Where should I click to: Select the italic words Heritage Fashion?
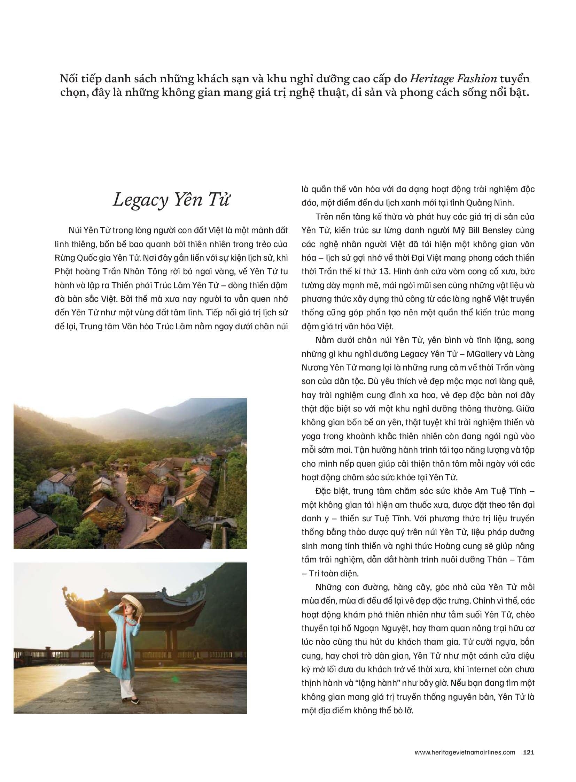coord(453,79)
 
